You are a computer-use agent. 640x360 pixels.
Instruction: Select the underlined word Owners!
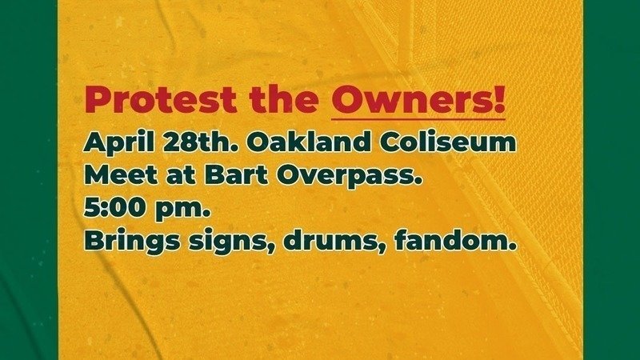coord(418,99)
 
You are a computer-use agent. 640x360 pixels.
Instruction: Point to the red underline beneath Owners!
coord(418,119)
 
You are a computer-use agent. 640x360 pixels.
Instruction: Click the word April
coord(118,144)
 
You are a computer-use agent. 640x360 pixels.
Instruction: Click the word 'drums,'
coord(334,242)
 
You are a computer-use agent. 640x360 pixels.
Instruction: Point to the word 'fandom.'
coord(455,241)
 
